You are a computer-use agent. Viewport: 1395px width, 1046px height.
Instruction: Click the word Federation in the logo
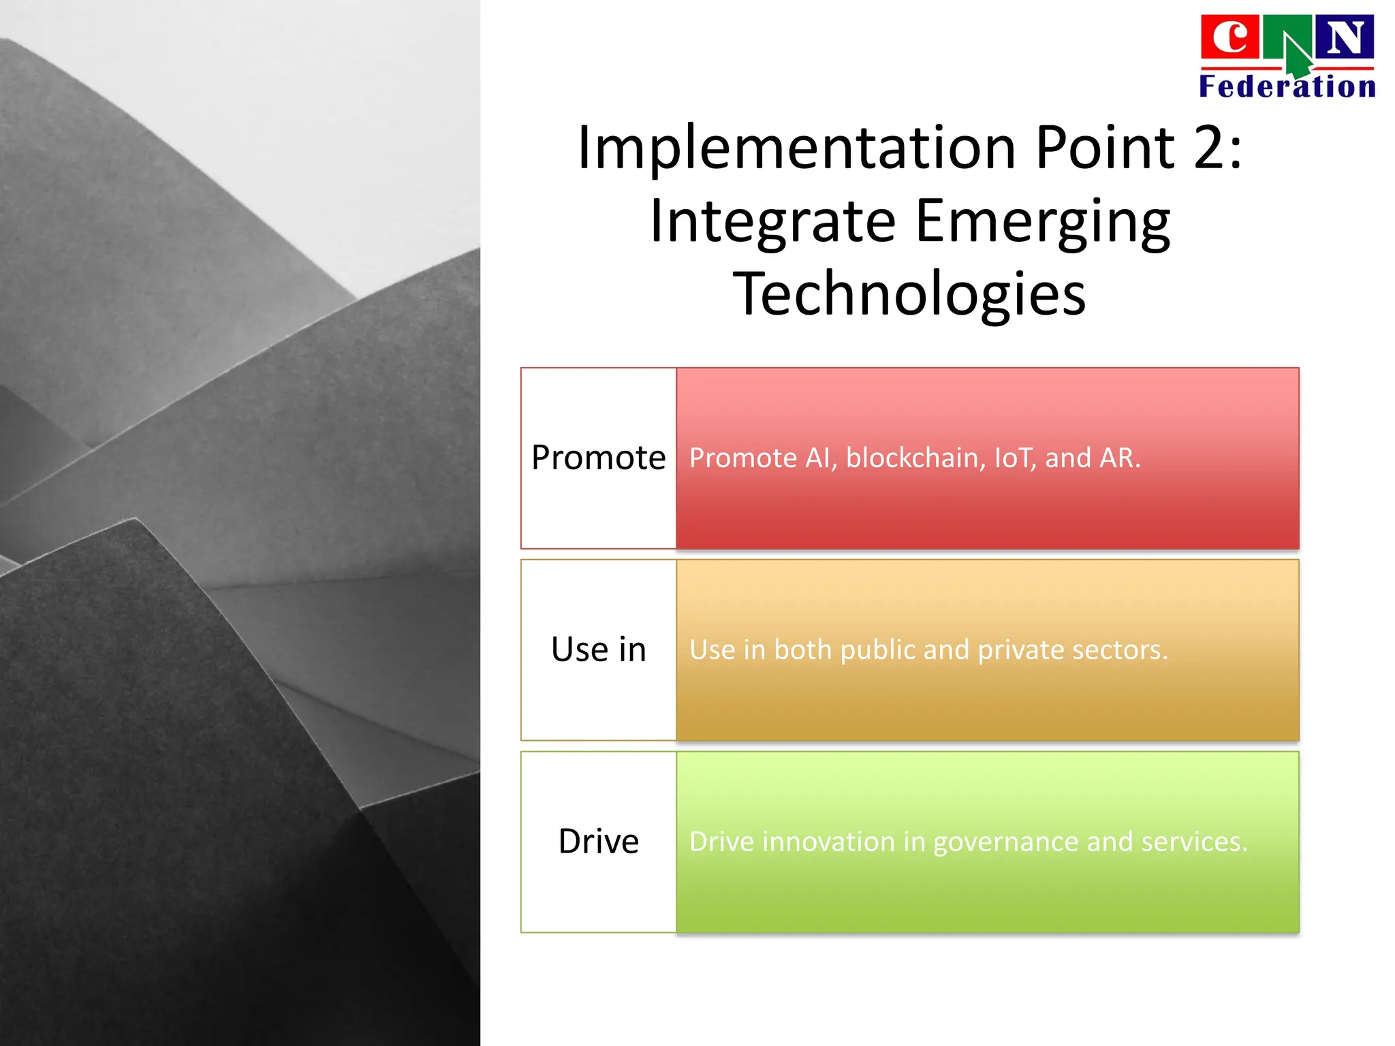pyautogui.click(x=1287, y=87)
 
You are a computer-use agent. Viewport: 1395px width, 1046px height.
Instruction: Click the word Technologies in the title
pyautogui.click(x=909, y=294)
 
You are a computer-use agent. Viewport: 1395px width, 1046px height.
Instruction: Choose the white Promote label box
pyautogui.click(x=598, y=458)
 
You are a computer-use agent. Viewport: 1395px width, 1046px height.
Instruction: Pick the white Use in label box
pyautogui.click(x=598, y=650)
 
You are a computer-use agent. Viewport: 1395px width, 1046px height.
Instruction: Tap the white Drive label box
pyautogui.click(x=598, y=842)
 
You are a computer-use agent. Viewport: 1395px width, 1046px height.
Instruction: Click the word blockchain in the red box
pyautogui.click(x=915, y=458)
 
